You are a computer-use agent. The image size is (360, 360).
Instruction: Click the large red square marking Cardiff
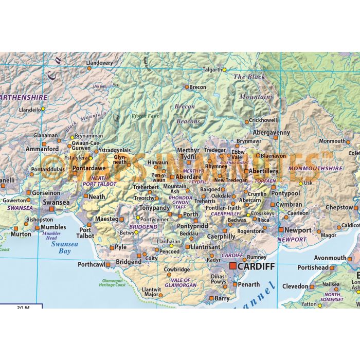coord(232,266)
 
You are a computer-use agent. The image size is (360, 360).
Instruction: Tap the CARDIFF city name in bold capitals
coord(256,266)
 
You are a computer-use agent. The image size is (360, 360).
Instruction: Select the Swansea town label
coord(56,203)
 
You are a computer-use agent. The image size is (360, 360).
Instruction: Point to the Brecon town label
coord(197,87)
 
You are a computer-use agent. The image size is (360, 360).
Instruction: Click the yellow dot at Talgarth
coord(224,69)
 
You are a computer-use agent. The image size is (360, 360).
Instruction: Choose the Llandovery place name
coord(99,63)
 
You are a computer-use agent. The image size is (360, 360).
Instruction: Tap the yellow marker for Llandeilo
coord(43,109)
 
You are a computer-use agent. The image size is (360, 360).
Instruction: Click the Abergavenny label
coord(272,132)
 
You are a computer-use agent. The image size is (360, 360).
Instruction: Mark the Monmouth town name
coord(332,141)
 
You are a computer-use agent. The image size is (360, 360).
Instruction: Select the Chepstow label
coord(339,207)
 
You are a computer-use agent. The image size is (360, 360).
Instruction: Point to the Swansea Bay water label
coord(64,248)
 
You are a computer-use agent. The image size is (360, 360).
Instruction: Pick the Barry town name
coord(222,298)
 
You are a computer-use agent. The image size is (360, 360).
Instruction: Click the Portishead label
coord(313,268)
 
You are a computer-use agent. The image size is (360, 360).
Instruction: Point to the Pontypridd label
coord(192,226)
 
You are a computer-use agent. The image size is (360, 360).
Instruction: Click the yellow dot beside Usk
coord(300,183)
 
